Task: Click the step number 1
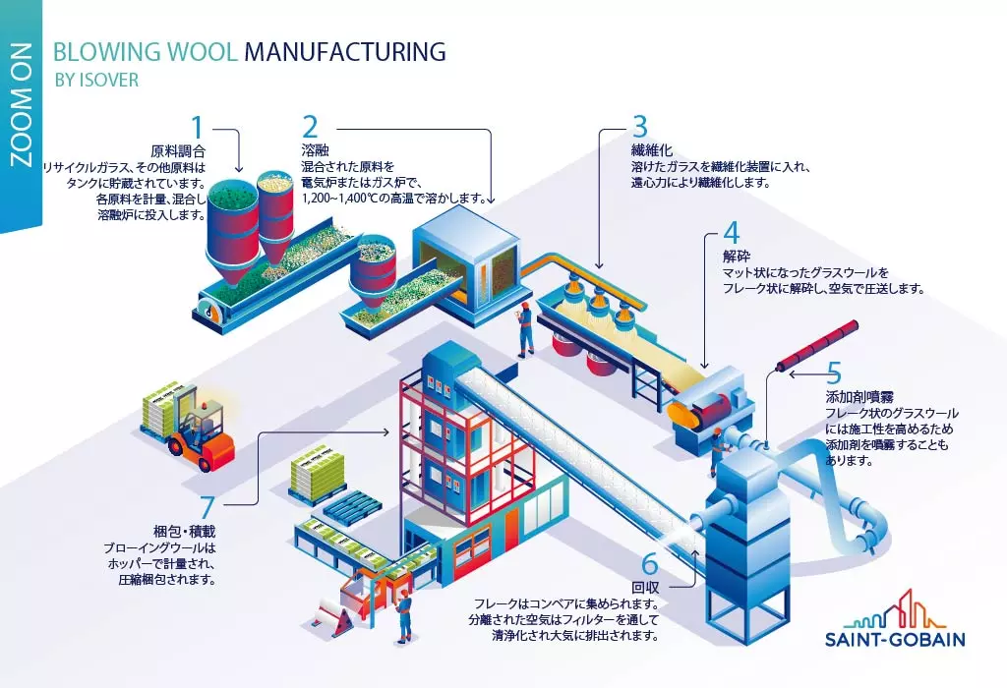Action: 198,127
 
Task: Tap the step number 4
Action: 732,234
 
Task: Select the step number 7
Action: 207,507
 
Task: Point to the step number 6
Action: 650,564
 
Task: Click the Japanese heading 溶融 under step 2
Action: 316,150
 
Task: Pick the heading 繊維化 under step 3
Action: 651,150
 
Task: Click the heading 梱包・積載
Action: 184,532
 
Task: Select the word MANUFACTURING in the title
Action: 345,51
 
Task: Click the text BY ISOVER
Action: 96,80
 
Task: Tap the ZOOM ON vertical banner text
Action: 22,106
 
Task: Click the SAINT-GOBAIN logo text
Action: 895,639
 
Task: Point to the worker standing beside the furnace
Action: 526,328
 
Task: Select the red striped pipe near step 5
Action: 817,346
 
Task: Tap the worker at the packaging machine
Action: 404,617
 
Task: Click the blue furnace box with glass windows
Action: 466,259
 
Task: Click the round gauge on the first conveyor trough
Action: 208,306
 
